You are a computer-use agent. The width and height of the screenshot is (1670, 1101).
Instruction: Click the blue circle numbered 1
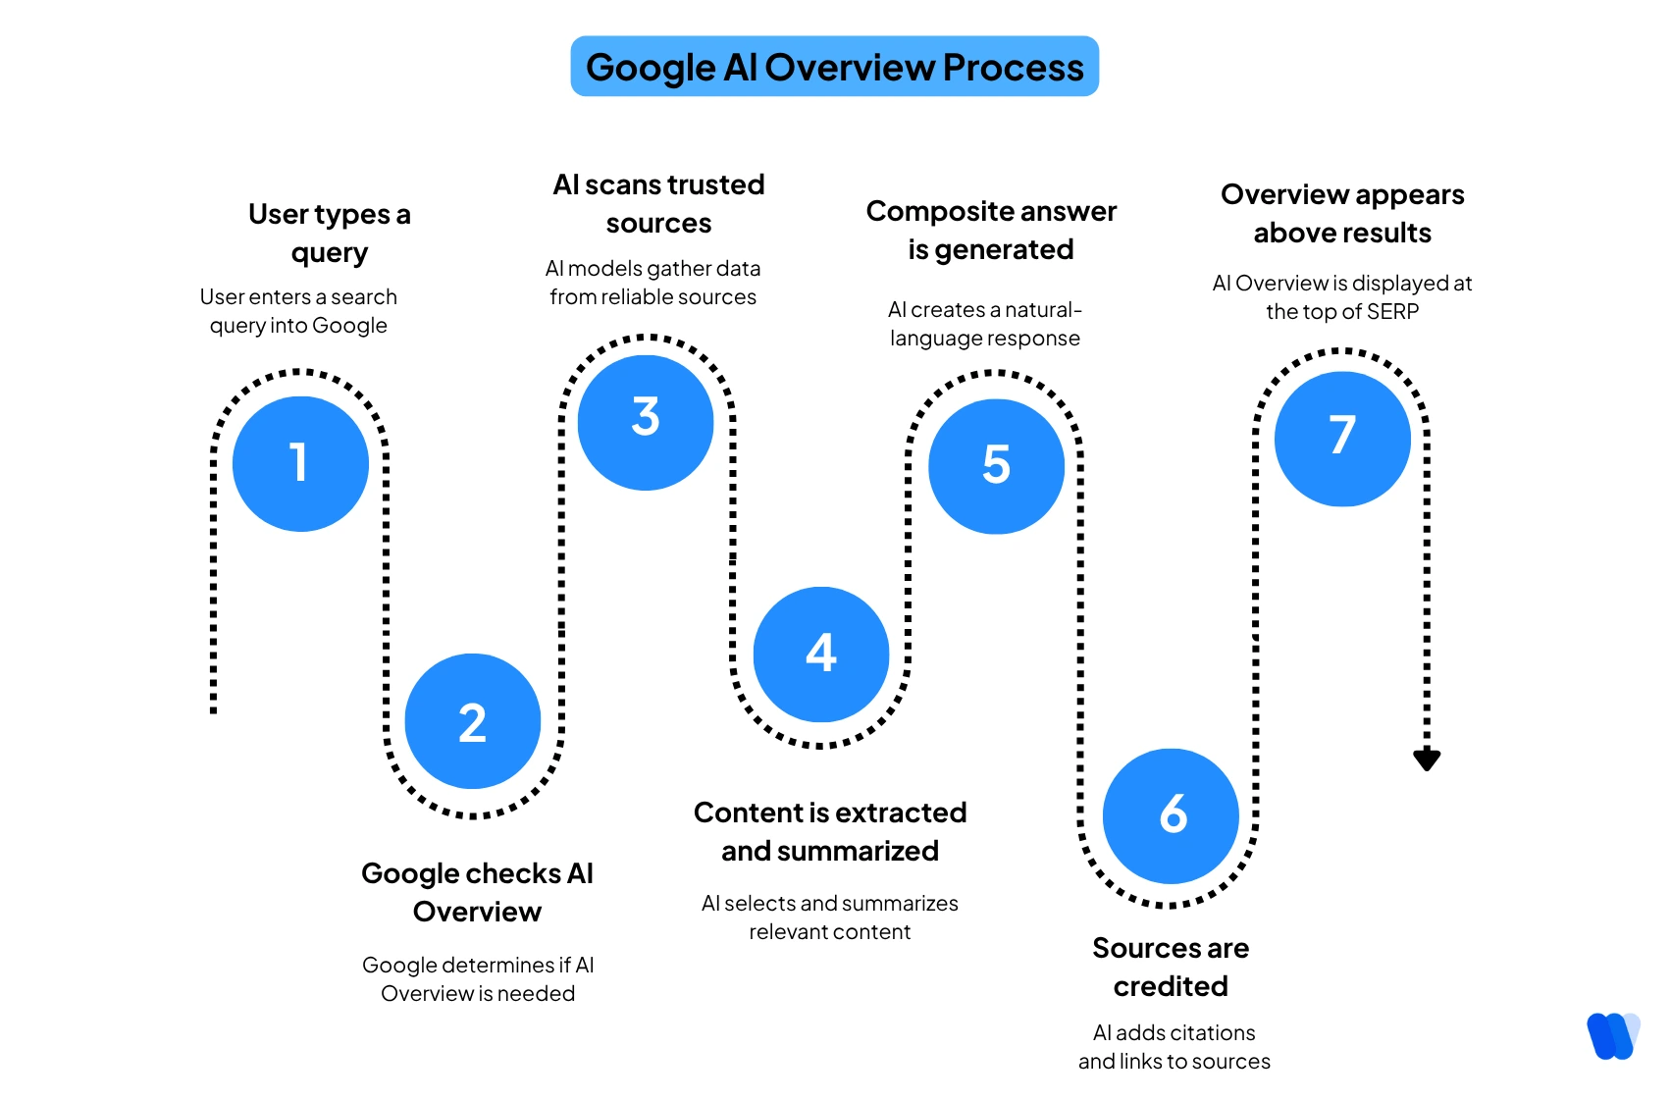point(300,463)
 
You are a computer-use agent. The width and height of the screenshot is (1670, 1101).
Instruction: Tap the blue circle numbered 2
point(473,721)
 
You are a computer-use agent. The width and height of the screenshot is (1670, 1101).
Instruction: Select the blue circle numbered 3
point(646,422)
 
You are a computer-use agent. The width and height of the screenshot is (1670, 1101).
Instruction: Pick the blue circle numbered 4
point(821,654)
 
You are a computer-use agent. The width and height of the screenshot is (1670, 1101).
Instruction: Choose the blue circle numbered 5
point(996,466)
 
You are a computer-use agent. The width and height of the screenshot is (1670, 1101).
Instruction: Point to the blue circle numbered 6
point(1171,815)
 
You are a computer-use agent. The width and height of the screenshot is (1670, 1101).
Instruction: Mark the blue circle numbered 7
point(1342,439)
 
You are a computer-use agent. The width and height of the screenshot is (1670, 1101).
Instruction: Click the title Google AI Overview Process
point(834,67)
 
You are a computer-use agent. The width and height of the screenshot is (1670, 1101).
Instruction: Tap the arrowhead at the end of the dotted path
point(1427,760)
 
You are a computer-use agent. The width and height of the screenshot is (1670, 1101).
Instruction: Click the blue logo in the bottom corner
point(1613,1036)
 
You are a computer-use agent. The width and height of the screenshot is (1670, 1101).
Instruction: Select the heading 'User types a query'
point(330,233)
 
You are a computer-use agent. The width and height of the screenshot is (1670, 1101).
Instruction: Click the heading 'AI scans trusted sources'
point(658,203)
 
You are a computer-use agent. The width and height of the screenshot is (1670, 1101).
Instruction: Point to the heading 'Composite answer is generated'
point(991,230)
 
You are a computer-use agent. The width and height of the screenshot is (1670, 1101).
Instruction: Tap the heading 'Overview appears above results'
point(1342,213)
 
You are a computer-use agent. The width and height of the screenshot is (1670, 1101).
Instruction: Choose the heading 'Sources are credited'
point(1171,967)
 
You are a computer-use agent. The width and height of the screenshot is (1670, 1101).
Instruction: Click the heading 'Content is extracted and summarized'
point(830,831)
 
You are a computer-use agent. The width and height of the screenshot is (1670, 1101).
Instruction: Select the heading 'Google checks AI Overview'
point(477,892)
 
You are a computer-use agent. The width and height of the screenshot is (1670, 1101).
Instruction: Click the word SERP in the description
point(1392,312)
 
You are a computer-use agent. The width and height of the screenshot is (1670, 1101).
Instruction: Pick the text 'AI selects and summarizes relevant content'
point(830,917)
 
